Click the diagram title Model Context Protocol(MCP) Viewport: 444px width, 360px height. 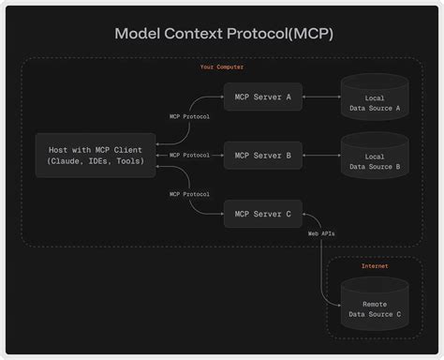[x=223, y=34]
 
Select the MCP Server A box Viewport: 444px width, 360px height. [x=263, y=97]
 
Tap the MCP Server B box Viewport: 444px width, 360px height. [x=263, y=155]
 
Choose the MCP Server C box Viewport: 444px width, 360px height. [x=263, y=214]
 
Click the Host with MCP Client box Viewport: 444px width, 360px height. [x=96, y=155]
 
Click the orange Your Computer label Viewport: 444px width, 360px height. [x=222, y=67]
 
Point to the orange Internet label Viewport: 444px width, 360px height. [x=375, y=266]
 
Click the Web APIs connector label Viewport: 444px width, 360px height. [x=321, y=232]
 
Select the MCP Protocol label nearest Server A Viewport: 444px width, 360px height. [x=189, y=116]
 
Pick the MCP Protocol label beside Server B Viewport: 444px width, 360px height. [x=189, y=155]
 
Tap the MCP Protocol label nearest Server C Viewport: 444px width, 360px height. [x=189, y=194]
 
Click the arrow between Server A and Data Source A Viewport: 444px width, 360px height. [x=321, y=97]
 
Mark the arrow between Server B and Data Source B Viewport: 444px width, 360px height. [x=321, y=155]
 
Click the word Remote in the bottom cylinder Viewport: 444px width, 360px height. [x=375, y=305]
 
